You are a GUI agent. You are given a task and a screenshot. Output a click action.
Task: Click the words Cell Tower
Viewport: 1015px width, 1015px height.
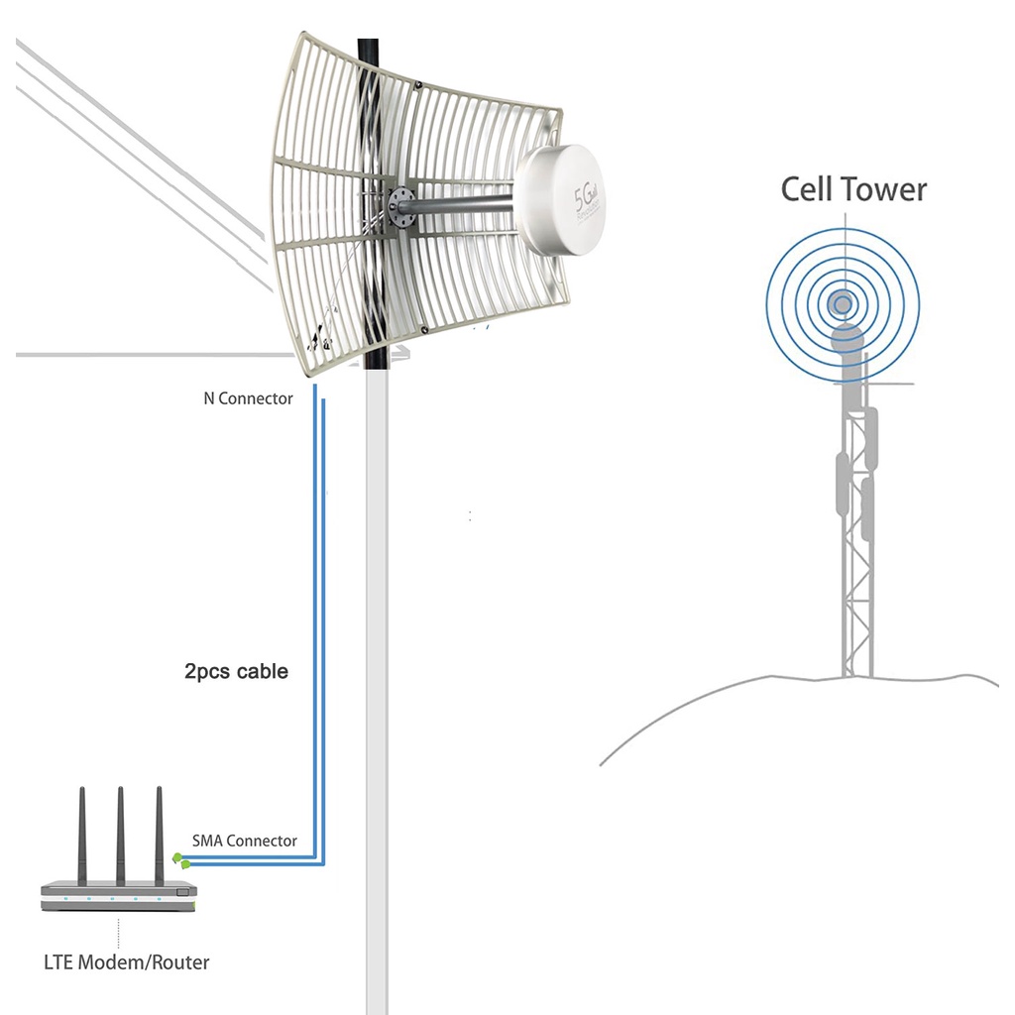click(x=853, y=188)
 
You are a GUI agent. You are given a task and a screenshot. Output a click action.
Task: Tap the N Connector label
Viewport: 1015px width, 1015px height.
click(x=248, y=398)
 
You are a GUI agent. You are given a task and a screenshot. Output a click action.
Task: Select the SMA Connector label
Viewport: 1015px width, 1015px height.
click(x=244, y=841)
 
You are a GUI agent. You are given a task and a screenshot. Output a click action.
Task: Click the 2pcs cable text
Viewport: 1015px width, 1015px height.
click(x=236, y=671)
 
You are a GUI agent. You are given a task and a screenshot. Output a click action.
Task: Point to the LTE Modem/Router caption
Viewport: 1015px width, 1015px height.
click(x=127, y=961)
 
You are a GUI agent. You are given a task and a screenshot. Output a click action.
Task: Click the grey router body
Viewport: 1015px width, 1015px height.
click(x=119, y=896)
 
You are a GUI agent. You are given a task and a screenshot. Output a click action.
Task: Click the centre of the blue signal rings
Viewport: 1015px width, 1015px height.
click(x=843, y=302)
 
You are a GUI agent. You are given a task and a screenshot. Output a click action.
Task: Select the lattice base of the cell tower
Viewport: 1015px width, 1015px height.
click(x=856, y=634)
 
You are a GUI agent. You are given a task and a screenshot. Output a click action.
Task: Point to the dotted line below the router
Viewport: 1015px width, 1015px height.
click(x=119, y=933)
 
